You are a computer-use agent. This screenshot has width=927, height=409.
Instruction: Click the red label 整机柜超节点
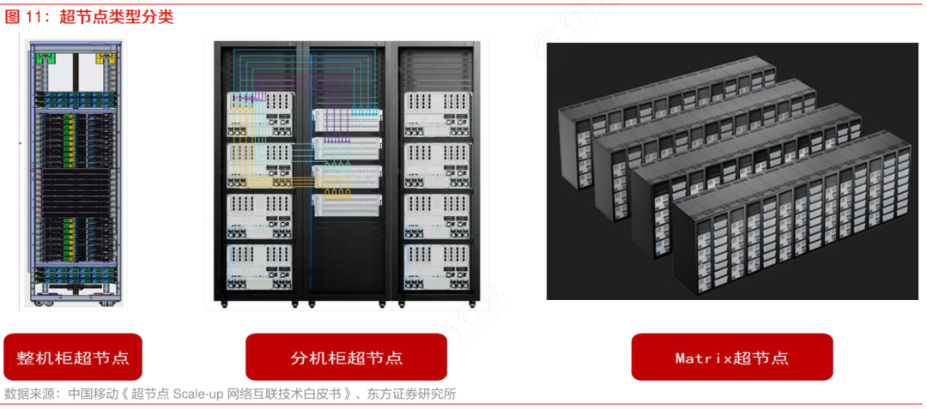pos(73,357)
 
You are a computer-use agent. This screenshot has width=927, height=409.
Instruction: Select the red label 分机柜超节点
pos(347,357)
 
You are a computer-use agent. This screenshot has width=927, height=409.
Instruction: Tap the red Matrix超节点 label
pos(732,357)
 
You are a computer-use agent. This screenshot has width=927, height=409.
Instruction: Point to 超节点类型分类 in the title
pos(117,16)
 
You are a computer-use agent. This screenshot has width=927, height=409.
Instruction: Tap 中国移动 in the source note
pos(94,394)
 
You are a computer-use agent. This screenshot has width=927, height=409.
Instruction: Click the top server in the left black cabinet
pos(260,114)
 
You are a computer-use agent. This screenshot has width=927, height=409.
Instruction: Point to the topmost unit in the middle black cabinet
pos(348,119)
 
